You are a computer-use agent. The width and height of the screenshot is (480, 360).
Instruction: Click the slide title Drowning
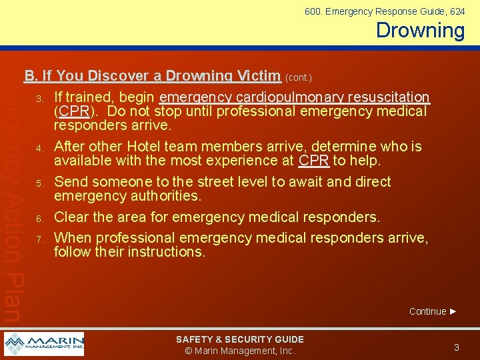(420, 30)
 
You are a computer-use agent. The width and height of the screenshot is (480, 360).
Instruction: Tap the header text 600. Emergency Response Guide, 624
(385, 11)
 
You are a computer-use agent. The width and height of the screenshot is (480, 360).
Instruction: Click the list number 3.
(40, 99)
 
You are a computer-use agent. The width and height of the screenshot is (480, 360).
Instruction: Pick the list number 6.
(40, 219)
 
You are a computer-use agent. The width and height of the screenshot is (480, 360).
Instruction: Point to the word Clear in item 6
(72, 217)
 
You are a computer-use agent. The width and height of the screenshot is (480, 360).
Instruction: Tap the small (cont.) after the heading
(299, 77)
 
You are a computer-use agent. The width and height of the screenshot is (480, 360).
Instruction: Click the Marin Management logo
(44, 343)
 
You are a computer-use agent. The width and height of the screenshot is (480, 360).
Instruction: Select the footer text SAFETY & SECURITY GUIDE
(240, 339)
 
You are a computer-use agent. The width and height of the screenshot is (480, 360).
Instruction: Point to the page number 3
(457, 347)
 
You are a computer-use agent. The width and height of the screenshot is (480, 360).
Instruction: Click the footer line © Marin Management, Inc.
(240, 351)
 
